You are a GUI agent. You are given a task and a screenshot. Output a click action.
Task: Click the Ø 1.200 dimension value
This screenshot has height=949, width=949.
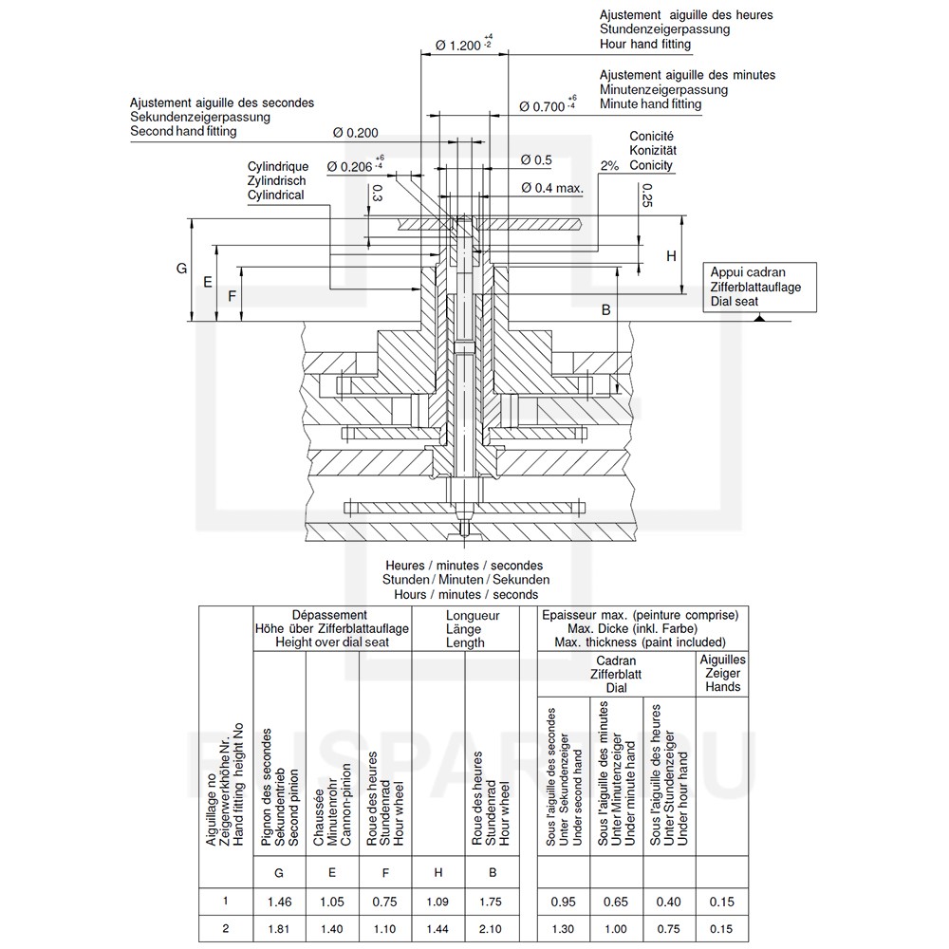tap(458, 46)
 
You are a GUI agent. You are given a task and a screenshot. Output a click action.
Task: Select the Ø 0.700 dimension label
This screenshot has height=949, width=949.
tap(542, 106)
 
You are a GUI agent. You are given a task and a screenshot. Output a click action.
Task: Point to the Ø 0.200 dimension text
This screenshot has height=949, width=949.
tap(356, 133)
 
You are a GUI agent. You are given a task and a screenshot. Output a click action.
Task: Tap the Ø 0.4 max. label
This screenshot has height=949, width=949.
tap(552, 188)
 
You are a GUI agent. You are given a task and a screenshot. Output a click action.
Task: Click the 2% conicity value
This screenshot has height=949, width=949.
tap(609, 166)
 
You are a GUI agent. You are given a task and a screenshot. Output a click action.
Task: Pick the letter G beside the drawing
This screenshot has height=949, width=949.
tap(181, 269)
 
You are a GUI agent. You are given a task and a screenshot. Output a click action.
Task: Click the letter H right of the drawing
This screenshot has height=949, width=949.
tap(671, 256)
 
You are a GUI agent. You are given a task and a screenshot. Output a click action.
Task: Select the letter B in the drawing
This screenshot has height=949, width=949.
tap(605, 310)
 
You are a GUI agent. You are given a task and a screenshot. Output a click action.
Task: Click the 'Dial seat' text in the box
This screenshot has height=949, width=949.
tap(735, 302)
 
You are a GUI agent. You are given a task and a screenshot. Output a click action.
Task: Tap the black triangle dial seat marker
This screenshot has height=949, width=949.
tap(759, 317)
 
